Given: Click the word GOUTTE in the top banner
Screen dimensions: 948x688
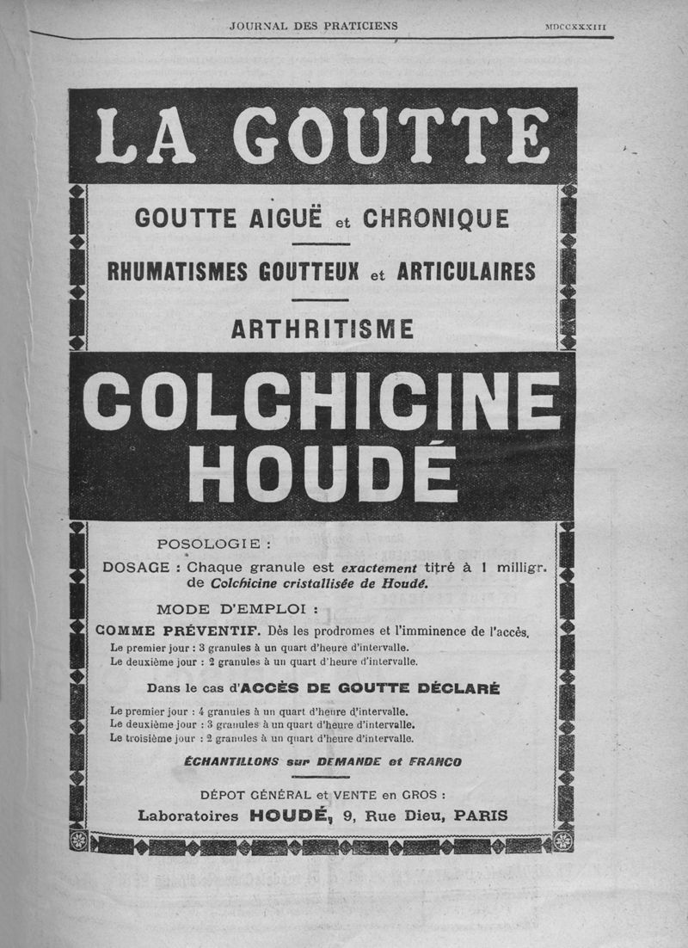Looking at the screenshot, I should (x=392, y=135).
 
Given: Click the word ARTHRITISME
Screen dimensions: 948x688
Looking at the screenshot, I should (x=322, y=329).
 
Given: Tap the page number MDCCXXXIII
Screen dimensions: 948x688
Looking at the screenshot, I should (x=575, y=27).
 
